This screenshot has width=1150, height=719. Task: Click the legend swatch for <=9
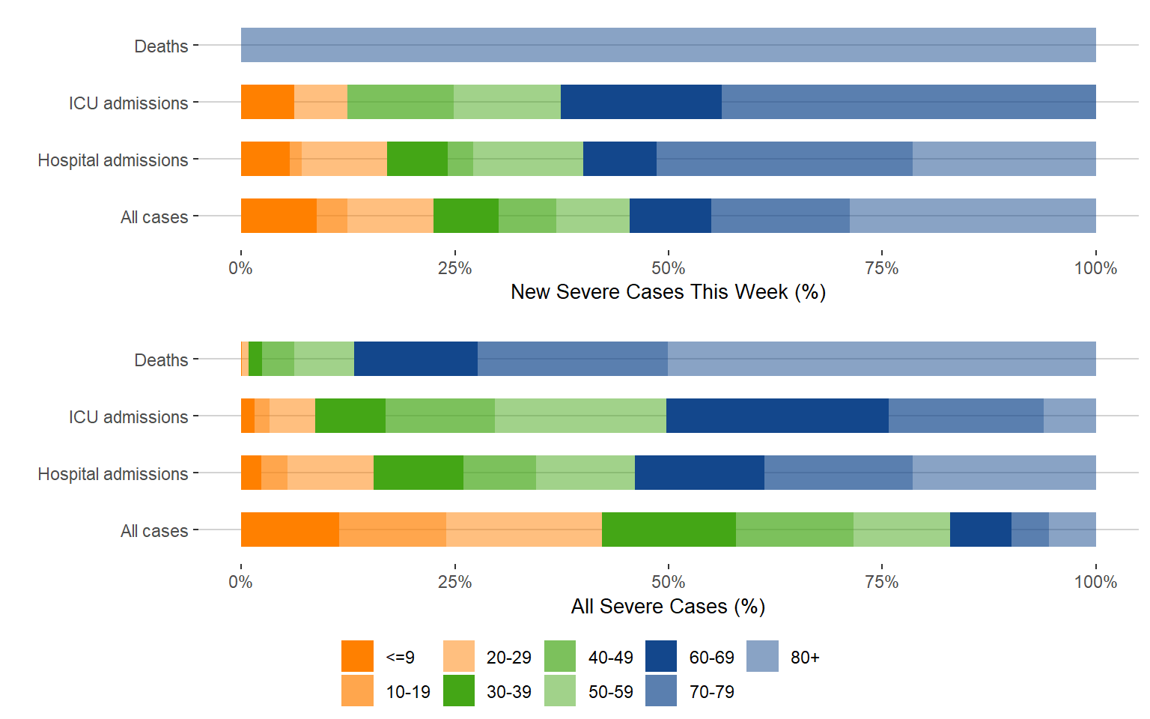357,656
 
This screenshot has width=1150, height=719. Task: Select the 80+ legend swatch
762,656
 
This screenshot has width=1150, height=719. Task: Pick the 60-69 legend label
711,658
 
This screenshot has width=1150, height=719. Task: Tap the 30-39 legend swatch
459,691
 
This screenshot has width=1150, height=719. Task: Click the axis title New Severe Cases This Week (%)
668,292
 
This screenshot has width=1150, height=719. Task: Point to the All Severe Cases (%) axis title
668,606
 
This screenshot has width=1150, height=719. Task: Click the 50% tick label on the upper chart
668,268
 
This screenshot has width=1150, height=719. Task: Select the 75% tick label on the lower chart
882,582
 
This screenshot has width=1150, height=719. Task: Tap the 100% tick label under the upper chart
1095,268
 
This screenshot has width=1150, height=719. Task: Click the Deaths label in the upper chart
161,46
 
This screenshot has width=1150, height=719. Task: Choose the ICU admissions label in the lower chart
128,417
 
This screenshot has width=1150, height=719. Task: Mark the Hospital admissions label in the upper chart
113,160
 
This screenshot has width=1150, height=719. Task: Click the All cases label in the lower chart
154,531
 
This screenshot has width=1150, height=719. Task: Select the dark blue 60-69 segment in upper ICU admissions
641,102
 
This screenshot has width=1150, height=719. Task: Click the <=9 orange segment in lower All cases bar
290,530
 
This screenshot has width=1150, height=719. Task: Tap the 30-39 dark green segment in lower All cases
669,530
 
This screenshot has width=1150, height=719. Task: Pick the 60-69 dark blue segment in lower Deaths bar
416,359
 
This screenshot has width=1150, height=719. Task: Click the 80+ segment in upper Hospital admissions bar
1004,159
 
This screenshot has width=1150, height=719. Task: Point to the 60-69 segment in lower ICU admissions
777,416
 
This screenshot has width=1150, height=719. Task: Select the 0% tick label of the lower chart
240,582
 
